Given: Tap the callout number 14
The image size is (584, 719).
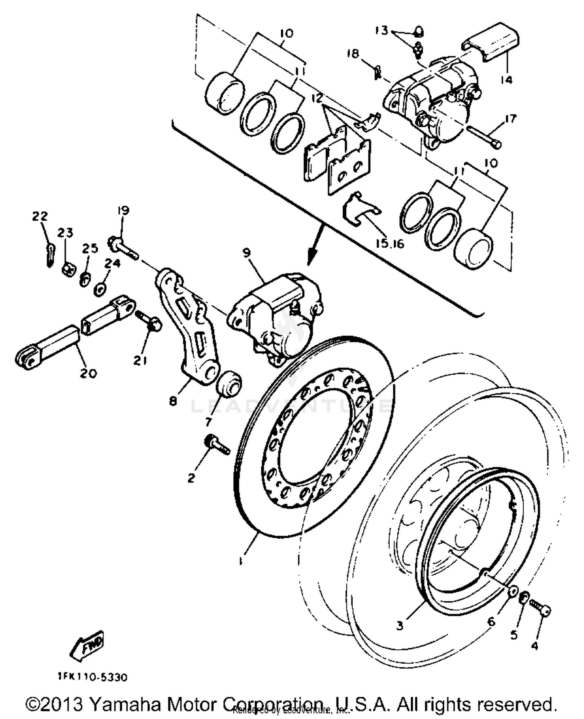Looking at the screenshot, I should pyautogui.click(x=506, y=80).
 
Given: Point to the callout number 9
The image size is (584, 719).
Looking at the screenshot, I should pyautogui.click(x=247, y=253).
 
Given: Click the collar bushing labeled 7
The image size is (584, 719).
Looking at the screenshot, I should pyautogui.click(x=229, y=383).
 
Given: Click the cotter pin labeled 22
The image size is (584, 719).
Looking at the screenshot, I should pyautogui.click(x=49, y=254).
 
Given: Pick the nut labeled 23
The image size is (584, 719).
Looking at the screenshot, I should pyautogui.click(x=67, y=269).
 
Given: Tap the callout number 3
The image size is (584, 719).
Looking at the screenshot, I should pyautogui.click(x=400, y=626).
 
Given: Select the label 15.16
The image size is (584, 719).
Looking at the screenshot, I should pyautogui.click(x=390, y=244).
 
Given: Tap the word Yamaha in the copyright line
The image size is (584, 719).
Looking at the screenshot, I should pyautogui.click(x=118, y=704).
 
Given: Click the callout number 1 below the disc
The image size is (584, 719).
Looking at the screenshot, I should pyautogui.click(x=241, y=561).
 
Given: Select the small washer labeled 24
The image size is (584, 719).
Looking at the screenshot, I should pyautogui.click(x=100, y=289).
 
